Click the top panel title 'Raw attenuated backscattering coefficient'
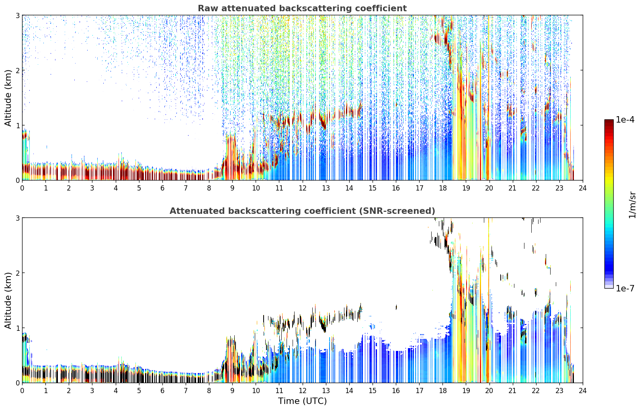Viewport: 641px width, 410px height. coord(302,8)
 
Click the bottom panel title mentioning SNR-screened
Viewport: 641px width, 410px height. coord(302,211)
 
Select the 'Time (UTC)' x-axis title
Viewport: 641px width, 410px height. coord(302,401)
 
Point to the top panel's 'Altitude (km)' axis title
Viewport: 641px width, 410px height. coord(8,98)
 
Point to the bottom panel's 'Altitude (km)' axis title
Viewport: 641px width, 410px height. coord(8,300)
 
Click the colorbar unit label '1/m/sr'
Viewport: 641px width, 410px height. coord(632,205)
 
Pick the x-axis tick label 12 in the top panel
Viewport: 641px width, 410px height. coord(303,188)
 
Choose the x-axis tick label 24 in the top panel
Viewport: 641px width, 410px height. coord(583,188)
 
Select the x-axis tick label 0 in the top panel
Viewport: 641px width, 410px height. coord(23,188)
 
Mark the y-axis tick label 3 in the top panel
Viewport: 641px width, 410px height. coord(17,15)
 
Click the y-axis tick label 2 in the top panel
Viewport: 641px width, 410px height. coord(17,70)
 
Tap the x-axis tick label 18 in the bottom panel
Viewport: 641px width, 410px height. coord(443,391)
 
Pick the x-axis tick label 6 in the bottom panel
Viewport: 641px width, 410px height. coord(162,391)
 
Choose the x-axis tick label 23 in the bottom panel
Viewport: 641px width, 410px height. coord(559,391)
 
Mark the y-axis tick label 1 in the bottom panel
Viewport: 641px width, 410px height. coord(17,328)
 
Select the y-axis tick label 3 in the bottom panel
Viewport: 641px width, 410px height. coord(17,218)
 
